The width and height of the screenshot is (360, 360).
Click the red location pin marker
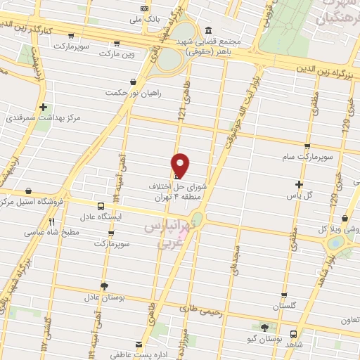pos(181,165)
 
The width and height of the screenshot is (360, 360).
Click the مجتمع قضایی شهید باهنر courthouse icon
pos(209,30)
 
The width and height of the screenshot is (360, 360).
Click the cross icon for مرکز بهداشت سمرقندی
pos(44,108)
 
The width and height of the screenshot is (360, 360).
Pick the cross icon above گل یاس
pos(299,184)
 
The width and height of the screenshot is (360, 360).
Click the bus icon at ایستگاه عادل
pos(101,207)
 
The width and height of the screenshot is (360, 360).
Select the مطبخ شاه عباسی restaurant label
pos(51,231)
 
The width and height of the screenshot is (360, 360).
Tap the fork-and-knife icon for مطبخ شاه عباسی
pos(52,221)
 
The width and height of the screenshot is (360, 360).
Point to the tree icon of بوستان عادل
pos(104,286)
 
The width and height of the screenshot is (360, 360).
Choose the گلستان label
pos(284,306)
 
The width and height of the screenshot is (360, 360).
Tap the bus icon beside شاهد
pos(293,334)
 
